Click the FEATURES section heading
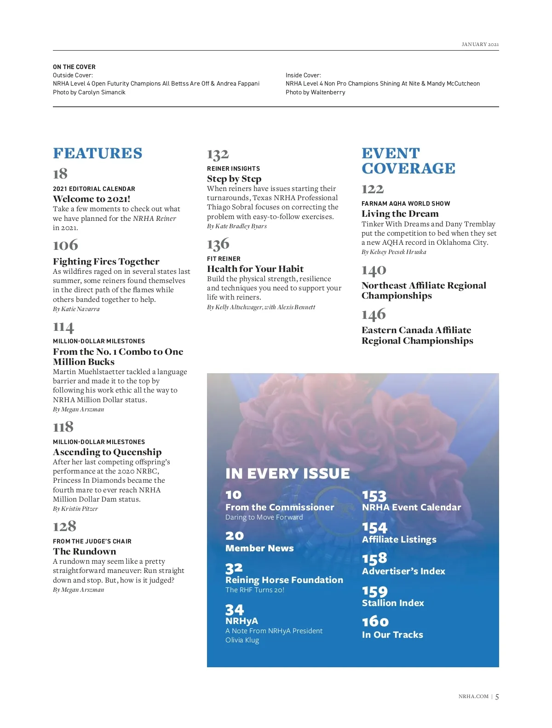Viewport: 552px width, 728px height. click(98, 153)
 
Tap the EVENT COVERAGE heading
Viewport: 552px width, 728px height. click(408, 161)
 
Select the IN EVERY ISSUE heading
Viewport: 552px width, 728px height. click(287, 474)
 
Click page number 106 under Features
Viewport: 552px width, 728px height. click(65, 245)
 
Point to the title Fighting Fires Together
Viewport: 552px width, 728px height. click(106, 261)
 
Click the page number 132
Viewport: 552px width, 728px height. click(218, 155)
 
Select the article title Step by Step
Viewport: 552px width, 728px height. click(234, 179)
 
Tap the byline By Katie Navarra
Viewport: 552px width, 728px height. click(76, 309)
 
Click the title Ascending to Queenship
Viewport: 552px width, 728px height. click(107, 452)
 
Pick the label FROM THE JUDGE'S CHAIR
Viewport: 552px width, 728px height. click(92, 541)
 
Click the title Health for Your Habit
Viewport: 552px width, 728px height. click(255, 269)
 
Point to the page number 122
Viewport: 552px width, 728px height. click(373, 189)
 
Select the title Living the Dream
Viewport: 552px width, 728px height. click(400, 214)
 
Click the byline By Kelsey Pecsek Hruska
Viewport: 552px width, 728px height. click(394, 252)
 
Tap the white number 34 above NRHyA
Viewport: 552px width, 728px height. click(234, 610)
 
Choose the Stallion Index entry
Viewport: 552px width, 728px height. click(393, 603)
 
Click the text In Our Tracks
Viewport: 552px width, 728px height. click(392, 635)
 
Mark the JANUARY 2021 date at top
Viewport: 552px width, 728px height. click(480, 45)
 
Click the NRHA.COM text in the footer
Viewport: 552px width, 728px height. click(473, 696)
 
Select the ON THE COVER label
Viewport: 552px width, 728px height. click(74, 67)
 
